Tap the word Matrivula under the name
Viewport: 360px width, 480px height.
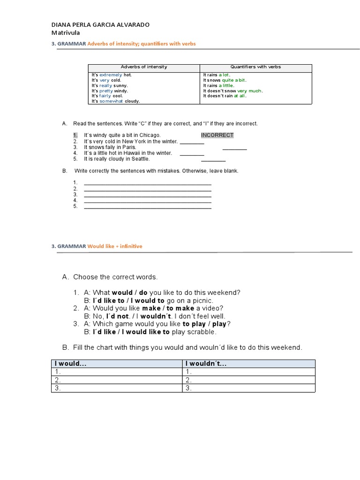(x=65, y=33)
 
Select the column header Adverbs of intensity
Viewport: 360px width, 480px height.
(x=144, y=67)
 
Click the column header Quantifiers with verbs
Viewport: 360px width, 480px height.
(x=255, y=67)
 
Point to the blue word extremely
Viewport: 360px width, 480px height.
(x=111, y=75)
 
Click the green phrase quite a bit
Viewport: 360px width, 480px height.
(x=233, y=80)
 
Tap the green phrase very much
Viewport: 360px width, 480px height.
(x=249, y=90)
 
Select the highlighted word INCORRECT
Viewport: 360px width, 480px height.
(x=217, y=135)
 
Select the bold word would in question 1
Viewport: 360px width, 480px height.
(x=122, y=292)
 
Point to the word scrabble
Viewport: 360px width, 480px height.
(x=202, y=332)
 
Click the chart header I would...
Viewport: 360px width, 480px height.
(x=71, y=364)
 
